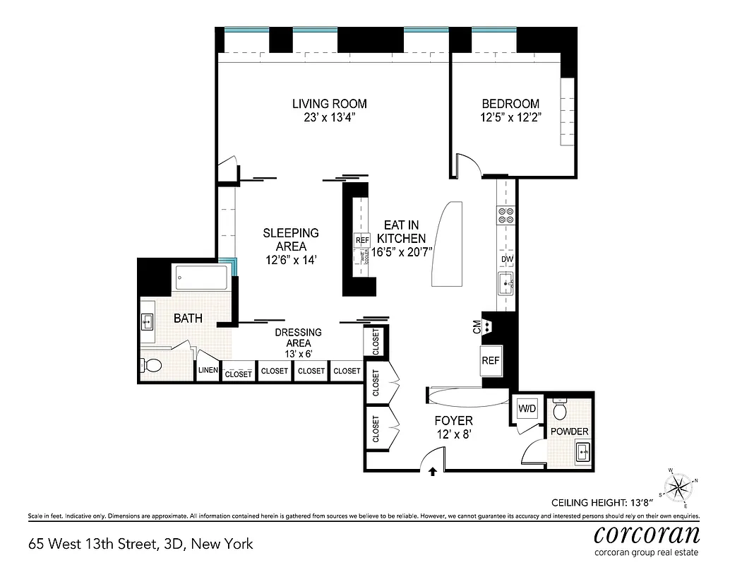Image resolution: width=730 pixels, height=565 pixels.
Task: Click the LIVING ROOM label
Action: pos(330,104)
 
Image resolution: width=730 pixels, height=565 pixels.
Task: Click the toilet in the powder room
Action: pos(561,410)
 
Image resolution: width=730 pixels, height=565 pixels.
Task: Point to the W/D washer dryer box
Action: pos(526,409)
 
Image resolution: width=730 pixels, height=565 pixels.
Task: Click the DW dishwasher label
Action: pos(507,259)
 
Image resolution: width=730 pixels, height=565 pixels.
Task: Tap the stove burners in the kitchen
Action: pos(506,215)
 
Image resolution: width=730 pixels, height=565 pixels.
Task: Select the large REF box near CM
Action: pos(491,360)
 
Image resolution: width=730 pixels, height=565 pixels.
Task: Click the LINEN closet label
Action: pos(207,371)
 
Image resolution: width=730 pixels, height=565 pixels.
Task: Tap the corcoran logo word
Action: pos(647,532)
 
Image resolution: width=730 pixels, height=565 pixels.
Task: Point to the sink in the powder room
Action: pos(583,451)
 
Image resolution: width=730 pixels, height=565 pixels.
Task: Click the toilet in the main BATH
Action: pos(152,365)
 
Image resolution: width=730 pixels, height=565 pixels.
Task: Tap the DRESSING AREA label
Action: pos(299,338)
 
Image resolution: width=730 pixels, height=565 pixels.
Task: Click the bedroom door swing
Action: pos(468,165)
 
